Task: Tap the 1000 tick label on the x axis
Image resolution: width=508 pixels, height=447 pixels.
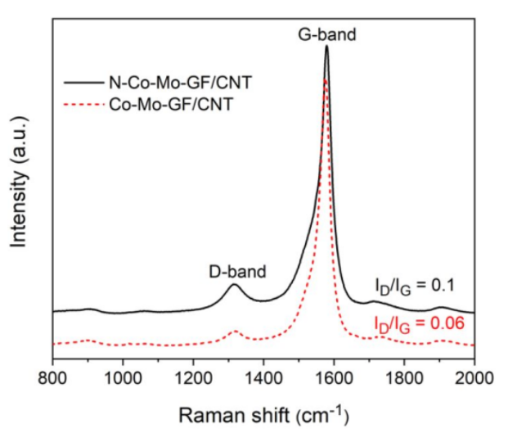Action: pyautogui.click(x=123, y=382)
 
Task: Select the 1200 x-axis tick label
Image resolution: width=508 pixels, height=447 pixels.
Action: pyautogui.click(x=193, y=382)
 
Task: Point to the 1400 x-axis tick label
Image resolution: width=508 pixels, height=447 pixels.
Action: pyautogui.click(x=263, y=382)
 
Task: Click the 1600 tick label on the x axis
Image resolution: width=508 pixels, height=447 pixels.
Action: pyautogui.click(x=334, y=382)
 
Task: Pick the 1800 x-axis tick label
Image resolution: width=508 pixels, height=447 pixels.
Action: pyautogui.click(x=404, y=382)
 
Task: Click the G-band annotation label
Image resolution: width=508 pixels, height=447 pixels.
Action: pyautogui.click(x=327, y=34)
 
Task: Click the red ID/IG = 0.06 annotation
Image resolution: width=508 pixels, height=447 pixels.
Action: pyautogui.click(x=418, y=323)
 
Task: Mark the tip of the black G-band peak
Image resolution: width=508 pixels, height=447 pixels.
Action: pyautogui.click(x=326, y=46)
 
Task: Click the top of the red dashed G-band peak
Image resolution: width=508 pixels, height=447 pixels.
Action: pyautogui.click(x=325, y=79)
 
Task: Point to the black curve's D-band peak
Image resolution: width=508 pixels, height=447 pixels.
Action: pyautogui.click(x=234, y=285)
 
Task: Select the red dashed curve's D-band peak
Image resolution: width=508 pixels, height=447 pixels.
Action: pyautogui.click(x=236, y=332)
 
